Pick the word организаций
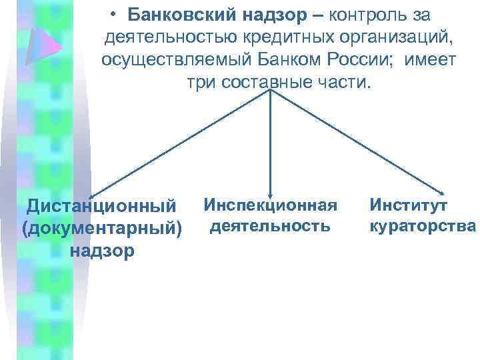[x=394, y=37]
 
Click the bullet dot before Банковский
[x=115, y=15]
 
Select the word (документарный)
[x=102, y=228]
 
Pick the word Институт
[x=409, y=204]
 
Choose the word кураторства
[x=423, y=225]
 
